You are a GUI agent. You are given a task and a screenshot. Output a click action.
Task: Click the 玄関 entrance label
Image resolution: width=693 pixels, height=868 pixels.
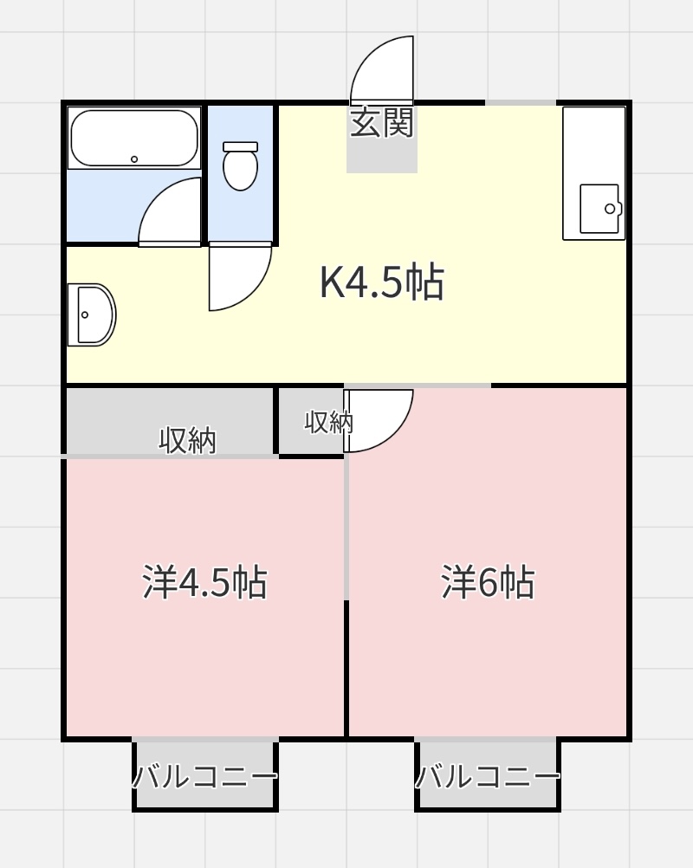coord(382,123)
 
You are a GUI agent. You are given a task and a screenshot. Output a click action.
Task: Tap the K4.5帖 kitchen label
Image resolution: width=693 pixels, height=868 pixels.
coord(382,282)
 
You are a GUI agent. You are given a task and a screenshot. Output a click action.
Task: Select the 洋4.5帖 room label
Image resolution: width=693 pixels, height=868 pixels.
coord(204,582)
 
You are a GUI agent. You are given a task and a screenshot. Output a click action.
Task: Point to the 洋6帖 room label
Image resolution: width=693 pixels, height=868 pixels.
coord(488,582)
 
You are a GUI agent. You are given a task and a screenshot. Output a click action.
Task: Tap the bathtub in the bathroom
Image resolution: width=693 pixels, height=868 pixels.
coord(134,139)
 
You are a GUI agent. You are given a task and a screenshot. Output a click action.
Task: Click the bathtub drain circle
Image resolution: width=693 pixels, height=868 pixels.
coord(134,159)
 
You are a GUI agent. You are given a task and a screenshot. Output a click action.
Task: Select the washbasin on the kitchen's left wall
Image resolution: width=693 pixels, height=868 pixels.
coord(92,315)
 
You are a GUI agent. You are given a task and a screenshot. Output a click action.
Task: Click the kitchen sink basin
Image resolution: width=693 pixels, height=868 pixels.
coord(600,210)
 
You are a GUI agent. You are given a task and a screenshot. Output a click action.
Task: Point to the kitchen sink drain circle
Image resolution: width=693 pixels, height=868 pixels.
coord(610,210)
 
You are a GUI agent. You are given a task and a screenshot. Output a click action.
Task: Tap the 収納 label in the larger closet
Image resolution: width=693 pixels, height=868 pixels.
coord(188,441)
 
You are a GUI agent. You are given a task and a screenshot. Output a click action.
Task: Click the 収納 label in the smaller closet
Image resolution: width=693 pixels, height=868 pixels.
coord(329,422)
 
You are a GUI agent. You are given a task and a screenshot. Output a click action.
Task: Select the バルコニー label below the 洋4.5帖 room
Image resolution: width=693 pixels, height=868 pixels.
coord(204,776)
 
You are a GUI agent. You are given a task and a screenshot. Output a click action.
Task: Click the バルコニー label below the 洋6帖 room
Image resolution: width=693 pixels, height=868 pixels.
coord(488,776)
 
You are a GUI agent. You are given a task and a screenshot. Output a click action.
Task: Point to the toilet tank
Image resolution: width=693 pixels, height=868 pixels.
coord(240,146)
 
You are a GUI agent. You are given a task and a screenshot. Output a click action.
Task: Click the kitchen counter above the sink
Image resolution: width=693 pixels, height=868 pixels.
coord(594,145)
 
